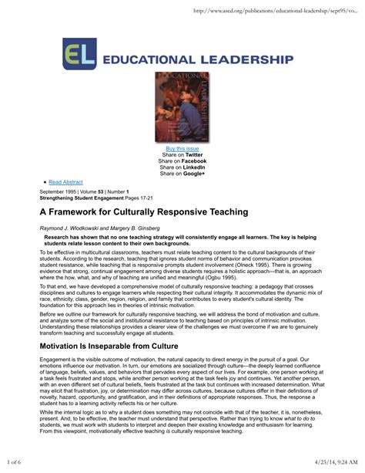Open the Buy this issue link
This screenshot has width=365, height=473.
tap(182, 148)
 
